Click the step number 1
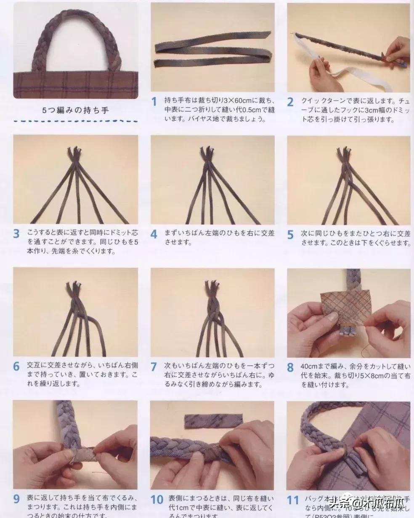click(154, 101)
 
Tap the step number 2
click(290, 102)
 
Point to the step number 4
click(154, 234)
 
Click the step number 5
click(290, 235)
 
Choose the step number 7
click(154, 367)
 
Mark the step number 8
click(290, 367)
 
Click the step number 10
click(157, 499)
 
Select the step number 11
click(292, 500)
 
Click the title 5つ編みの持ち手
click(75, 110)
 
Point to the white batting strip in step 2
click(362, 80)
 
